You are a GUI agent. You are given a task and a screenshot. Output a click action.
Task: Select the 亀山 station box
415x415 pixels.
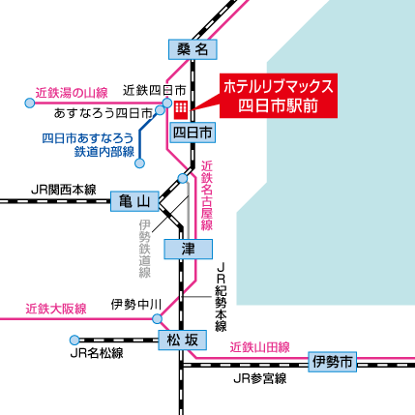[x=133, y=201]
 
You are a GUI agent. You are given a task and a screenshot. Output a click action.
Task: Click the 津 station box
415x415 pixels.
[x=188, y=249]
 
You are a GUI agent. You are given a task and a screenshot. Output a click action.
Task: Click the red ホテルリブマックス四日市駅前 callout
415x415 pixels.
[x=278, y=96]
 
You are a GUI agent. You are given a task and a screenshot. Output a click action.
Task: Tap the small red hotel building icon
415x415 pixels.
[x=181, y=104]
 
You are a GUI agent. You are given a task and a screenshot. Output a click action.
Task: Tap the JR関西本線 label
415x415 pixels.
[x=64, y=190]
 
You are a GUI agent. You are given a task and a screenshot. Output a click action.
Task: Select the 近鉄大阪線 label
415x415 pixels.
[x=56, y=309]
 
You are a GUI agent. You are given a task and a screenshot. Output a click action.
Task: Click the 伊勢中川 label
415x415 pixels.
[x=136, y=304]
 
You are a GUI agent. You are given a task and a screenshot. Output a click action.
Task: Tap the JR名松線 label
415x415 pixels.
[x=97, y=354]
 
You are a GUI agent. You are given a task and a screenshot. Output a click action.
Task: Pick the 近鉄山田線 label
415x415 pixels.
[x=259, y=346]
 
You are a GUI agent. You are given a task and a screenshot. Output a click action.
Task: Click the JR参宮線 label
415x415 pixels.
[x=259, y=380]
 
